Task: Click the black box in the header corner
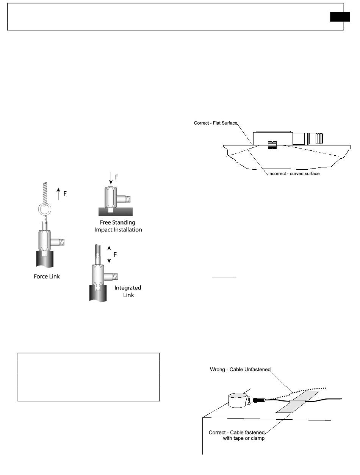pos(339,17)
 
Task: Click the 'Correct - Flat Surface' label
pos(216,123)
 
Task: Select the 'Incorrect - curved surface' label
pos(294,173)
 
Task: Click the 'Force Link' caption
pos(47,277)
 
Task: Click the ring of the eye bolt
pos(46,210)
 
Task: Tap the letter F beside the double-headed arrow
pos(116,255)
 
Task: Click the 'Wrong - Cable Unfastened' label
pos(240,369)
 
